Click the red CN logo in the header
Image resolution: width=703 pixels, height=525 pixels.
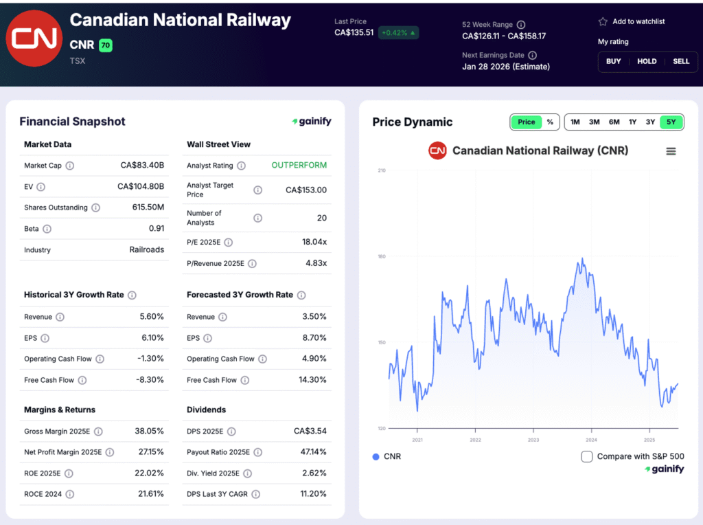[34, 38]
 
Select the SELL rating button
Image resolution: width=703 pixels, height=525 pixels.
[680, 61]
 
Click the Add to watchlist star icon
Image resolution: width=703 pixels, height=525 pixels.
[603, 22]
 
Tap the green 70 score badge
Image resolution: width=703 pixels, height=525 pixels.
[105, 45]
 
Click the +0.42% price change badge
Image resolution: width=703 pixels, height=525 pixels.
[398, 32]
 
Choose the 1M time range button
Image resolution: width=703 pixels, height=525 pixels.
[575, 122]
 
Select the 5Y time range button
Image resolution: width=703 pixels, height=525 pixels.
[671, 122]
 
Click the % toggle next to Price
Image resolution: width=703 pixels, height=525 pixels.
[550, 122]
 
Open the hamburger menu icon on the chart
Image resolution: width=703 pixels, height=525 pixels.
[671, 151]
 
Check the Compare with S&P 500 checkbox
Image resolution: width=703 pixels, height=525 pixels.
[587, 456]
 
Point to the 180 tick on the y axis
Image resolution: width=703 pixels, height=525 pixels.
[381, 256]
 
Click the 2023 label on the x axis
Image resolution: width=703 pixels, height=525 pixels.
[533, 440]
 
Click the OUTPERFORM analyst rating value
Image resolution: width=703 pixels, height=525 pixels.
[299, 166]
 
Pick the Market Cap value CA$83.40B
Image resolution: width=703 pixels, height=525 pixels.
[142, 166]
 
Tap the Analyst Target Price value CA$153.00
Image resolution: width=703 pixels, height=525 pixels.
[306, 190]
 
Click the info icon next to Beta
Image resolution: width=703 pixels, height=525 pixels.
[47, 229]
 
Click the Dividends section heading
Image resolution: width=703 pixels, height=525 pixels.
[206, 410]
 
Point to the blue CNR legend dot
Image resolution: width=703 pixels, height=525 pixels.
[376, 456]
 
